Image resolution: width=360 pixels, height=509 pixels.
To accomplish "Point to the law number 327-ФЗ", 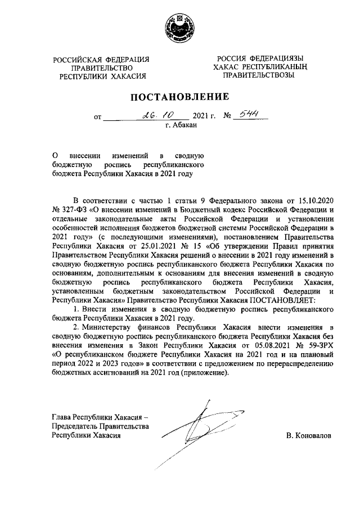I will pos(70,209).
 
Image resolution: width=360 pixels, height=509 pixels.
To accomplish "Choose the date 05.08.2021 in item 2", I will pos(262,346).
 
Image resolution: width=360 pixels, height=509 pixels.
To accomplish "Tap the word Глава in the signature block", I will pos(61,417).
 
